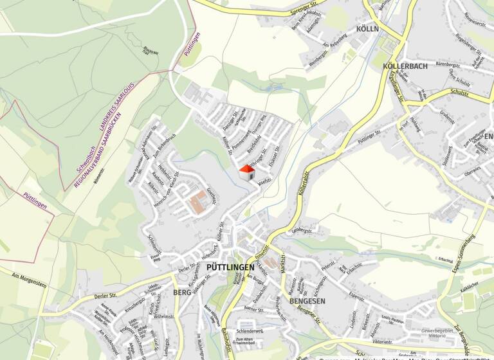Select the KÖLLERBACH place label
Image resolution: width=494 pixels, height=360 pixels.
tap(405, 66)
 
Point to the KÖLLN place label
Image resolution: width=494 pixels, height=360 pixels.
tap(367, 29)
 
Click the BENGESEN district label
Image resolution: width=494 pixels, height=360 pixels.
tap(307, 301)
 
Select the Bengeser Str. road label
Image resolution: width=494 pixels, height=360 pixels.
tap(309, 316)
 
